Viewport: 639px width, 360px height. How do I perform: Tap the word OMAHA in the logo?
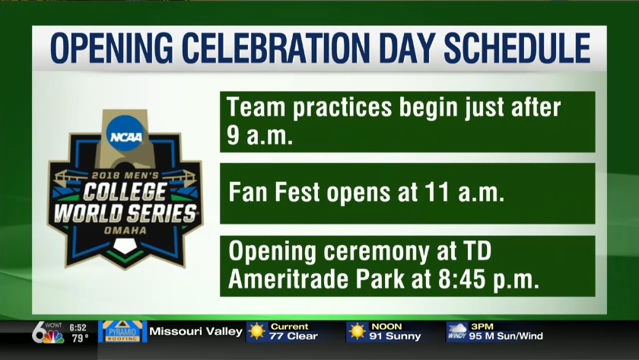point(124,228)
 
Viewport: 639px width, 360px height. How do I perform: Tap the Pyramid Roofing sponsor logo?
point(122,332)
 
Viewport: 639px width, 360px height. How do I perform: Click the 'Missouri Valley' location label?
point(196,332)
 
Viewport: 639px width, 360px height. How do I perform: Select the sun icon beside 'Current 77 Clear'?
point(257,332)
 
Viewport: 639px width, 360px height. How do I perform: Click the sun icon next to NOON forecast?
point(357,332)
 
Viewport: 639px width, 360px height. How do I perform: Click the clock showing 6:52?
point(78,327)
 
